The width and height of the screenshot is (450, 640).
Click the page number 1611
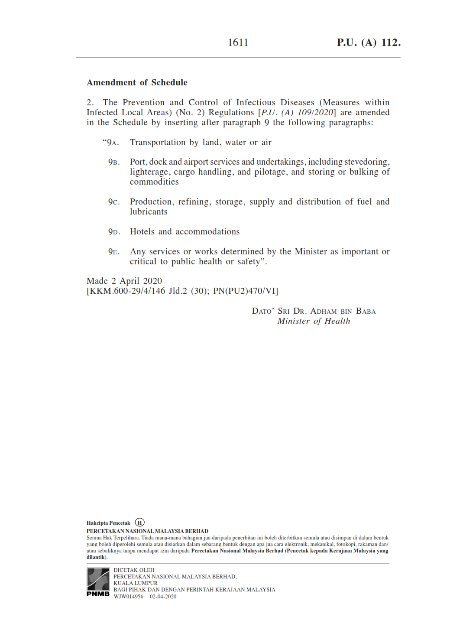238,42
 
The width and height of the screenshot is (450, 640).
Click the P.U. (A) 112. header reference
369,42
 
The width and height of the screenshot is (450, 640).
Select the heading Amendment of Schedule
137,82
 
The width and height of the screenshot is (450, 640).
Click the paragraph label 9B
113,162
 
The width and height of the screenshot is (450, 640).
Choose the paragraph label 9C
113,202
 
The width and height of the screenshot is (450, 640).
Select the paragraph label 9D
113,232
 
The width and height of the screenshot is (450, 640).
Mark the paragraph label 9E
113,252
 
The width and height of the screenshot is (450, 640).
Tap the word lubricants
149,212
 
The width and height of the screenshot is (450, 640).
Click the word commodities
154,182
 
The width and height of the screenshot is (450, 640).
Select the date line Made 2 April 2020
124,281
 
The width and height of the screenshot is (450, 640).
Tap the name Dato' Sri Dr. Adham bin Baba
314,311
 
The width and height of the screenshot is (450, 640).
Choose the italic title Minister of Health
314,321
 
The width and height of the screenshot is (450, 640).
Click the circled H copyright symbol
140,523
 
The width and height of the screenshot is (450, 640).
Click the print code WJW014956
128,597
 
